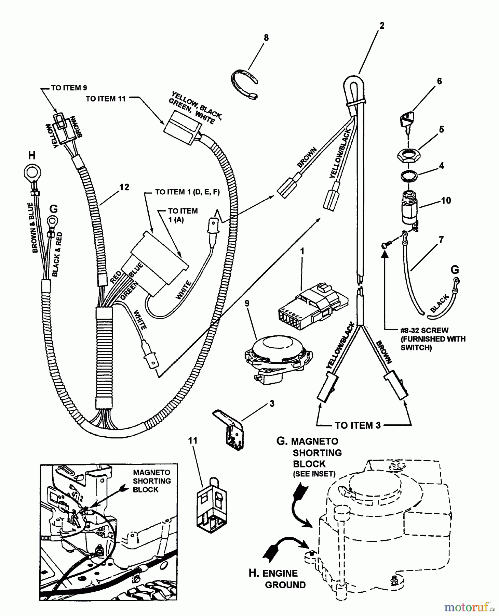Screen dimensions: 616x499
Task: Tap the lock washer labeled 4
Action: coord(408,177)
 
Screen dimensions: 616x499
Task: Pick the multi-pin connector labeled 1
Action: coord(313,301)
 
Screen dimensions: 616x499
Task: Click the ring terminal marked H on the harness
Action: coord(31,171)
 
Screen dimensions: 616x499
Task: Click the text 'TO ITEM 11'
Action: coord(106,99)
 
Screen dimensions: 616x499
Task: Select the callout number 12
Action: coord(124,187)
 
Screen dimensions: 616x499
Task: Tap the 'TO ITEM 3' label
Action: coord(358,425)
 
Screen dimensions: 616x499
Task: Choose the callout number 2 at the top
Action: coord(382,26)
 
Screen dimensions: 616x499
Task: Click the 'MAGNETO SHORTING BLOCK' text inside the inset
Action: coord(151,481)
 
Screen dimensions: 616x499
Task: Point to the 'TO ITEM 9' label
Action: coord(69,88)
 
